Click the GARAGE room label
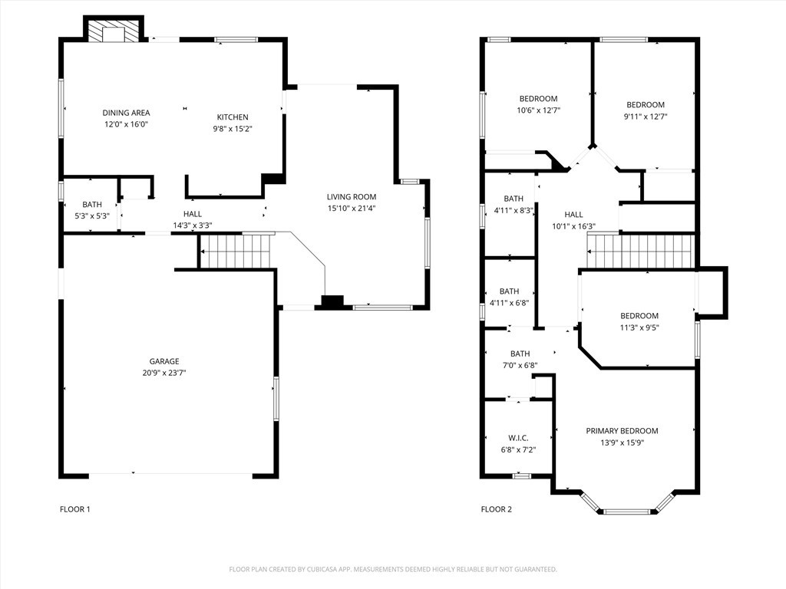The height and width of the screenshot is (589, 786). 164,361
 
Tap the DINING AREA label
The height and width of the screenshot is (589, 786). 127,113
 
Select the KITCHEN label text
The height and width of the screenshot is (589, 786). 233,117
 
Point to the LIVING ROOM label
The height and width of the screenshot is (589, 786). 352,197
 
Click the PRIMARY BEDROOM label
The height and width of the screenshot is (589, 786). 622,431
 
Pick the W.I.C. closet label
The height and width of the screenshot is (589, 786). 518,438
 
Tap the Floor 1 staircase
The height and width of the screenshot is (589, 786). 235,251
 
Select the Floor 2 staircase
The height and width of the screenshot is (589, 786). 641,251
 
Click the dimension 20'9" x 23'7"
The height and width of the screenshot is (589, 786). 164,373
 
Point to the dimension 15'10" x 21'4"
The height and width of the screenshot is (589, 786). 352,209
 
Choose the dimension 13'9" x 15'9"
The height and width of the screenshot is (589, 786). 622,443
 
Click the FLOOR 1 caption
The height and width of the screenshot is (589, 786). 75,509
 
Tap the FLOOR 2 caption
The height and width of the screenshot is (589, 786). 497,509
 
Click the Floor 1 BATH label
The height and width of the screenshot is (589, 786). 92,204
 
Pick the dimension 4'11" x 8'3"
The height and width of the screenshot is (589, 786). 514,210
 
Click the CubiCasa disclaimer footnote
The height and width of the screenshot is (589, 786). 393,570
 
